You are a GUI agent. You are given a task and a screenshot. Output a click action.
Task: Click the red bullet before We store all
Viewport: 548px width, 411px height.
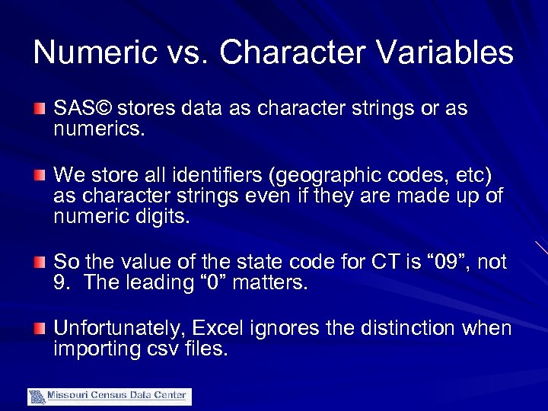click(x=40, y=176)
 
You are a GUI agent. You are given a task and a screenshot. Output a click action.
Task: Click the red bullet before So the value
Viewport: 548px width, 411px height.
click(x=40, y=263)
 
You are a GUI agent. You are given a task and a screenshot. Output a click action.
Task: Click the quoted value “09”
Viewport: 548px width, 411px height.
click(x=445, y=263)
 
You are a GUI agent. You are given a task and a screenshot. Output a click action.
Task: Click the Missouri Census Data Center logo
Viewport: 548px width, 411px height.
click(x=110, y=397)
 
